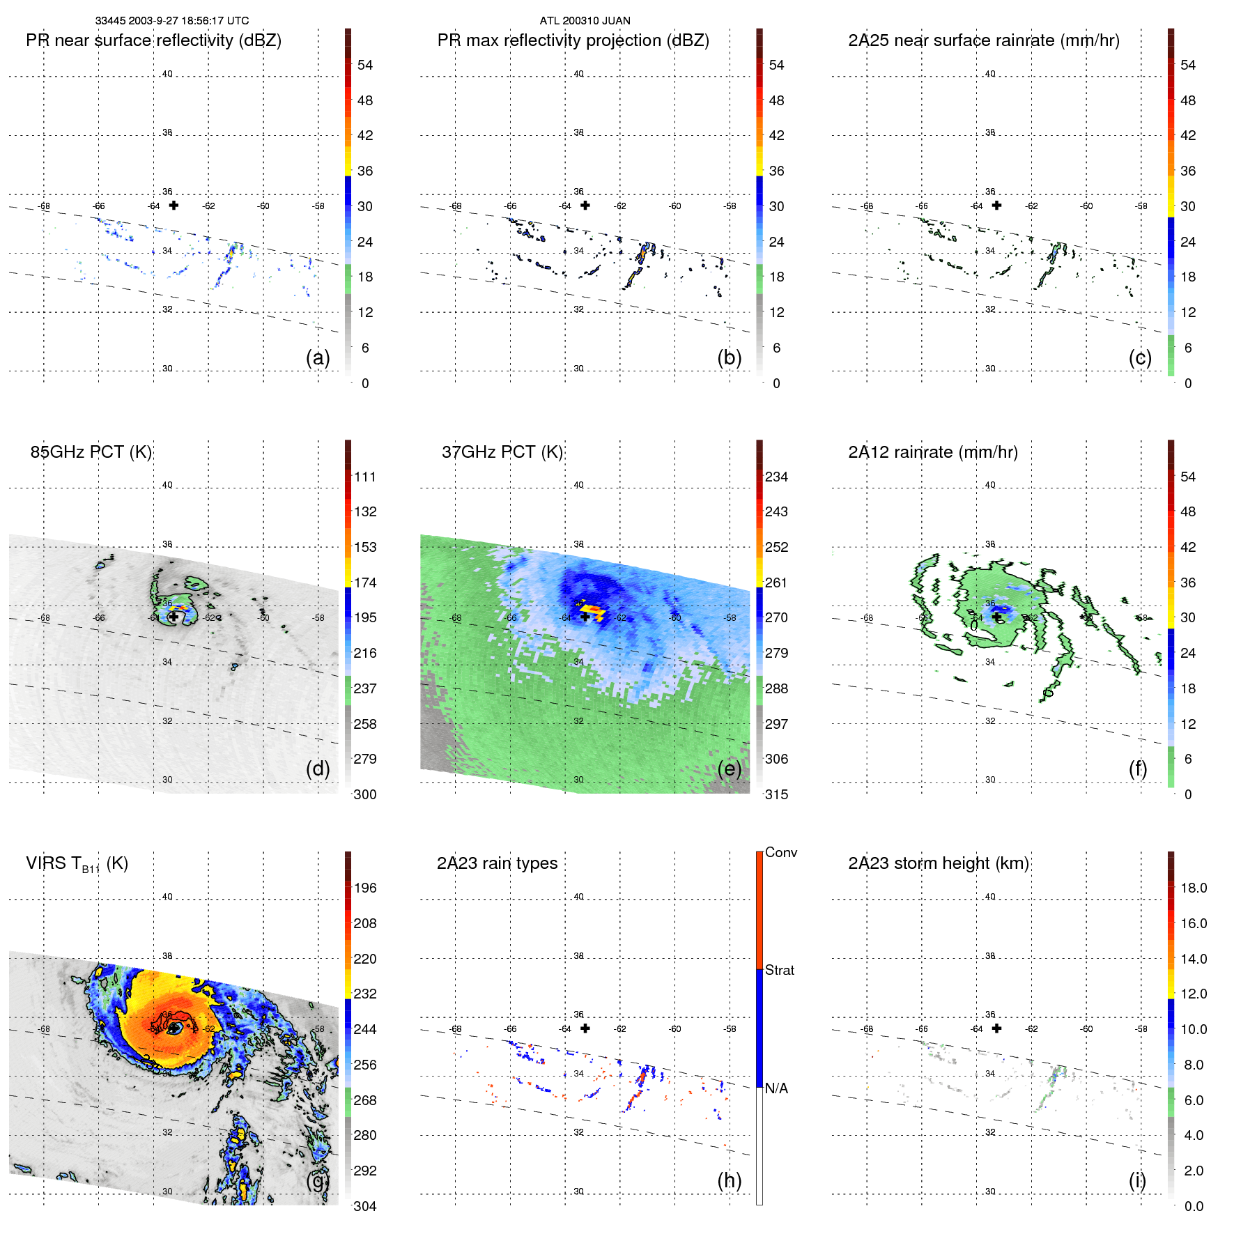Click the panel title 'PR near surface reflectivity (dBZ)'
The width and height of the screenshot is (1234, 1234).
point(153,40)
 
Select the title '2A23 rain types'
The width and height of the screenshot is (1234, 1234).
point(497,863)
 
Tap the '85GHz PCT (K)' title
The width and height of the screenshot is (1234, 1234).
point(91,452)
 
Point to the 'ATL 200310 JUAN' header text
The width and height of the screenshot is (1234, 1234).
point(585,21)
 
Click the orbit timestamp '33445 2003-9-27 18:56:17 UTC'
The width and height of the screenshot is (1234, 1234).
point(172,21)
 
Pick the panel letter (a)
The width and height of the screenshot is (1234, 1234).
point(318,357)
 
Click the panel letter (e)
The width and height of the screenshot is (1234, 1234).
point(729,769)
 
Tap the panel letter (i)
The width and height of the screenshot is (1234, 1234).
point(1137,1180)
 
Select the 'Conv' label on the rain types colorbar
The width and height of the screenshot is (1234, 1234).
point(780,852)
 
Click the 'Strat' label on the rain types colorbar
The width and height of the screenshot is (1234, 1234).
point(779,970)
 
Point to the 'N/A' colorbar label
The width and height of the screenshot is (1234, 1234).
point(776,1088)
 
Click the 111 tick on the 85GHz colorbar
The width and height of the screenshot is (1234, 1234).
point(365,477)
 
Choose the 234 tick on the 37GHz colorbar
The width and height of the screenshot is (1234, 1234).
point(776,477)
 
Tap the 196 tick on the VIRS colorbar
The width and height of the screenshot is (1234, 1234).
point(365,888)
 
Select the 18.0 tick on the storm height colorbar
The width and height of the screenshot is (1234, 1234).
point(1194,888)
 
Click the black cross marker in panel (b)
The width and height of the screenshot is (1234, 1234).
point(585,206)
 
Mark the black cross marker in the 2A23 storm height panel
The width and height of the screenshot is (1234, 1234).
point(996,1028)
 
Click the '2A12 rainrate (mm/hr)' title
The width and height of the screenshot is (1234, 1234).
point(933,452)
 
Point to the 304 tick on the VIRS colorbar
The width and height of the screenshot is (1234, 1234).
point(365,1206)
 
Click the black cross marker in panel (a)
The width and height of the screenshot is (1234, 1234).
point(173,206)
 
